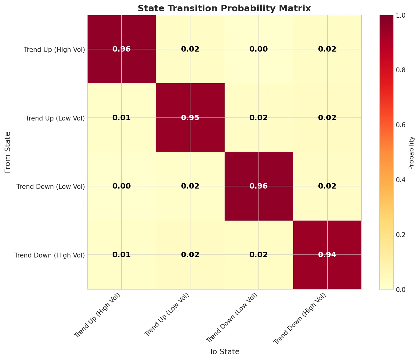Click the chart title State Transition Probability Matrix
[224, 8]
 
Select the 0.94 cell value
[327, 255]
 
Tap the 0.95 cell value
[190, 118]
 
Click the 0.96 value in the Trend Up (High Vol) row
[121, 49]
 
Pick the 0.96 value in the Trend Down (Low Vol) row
[259, 186]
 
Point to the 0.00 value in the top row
[259, 49]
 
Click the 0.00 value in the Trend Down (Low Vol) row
[121, 186]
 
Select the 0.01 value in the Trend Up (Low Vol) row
[121, 118]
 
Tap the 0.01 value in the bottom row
[121, 255]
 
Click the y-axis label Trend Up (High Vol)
[54, 49]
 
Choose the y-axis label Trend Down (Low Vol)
[51, 186]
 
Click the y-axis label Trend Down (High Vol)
[49, 255]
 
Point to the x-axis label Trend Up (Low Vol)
[167, 314]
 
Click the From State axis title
[8, 152]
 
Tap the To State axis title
[224, 352]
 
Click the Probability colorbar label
[411, 153]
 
